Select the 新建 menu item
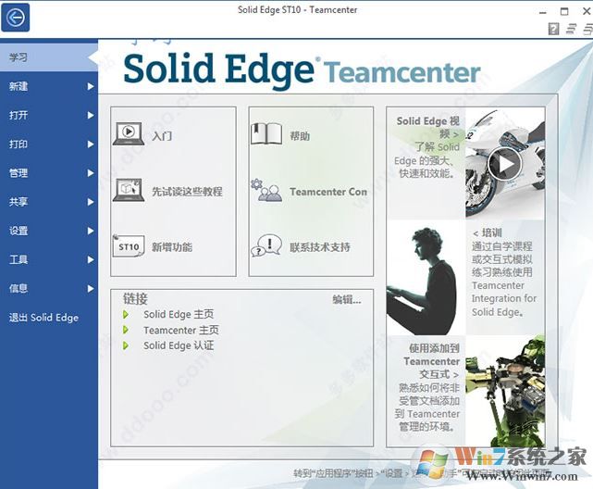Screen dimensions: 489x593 point(19,86)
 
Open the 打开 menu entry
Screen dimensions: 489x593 point(19,116)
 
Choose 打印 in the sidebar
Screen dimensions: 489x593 point(19,144)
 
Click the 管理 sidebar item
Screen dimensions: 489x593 point(19,173)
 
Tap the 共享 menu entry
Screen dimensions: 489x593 point(19,202)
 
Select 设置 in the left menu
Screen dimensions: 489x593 point(19,231)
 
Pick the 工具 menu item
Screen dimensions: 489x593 point(19,259)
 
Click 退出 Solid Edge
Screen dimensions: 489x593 point(43,318)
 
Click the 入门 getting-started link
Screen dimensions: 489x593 point(163,136)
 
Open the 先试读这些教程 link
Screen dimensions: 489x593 point(187,192)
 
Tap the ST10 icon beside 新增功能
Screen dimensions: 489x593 point(129,247)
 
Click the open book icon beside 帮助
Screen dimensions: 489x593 point(266,134)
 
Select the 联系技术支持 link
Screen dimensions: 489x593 point(319,247)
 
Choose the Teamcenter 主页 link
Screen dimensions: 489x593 point(180,330)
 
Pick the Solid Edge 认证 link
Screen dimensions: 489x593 point(179,345)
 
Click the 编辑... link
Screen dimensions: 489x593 point(347,299)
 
